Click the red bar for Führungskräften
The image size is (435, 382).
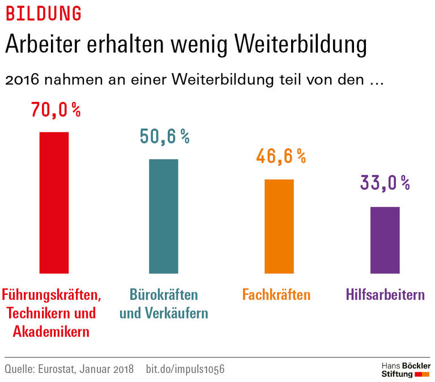coord(53,203)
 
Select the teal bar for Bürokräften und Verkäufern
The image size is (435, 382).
coord(164,216)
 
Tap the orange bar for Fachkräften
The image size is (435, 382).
coord(279,226)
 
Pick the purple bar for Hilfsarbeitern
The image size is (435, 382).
coord(385,240)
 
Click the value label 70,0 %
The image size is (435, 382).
coord(56,110)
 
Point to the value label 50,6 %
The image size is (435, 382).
coord(164,136)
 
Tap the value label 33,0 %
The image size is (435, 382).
coord(385,183)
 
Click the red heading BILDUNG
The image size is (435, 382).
coord(43,13)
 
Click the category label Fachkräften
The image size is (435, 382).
coord(276,295)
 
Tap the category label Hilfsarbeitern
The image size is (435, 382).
coord(385,295)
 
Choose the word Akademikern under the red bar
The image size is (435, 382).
coord(51,332)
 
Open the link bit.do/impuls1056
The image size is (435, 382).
coord(185,369)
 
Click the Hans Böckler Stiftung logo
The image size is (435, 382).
coord(405,370)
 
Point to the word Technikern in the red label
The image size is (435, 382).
coord(39,313)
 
